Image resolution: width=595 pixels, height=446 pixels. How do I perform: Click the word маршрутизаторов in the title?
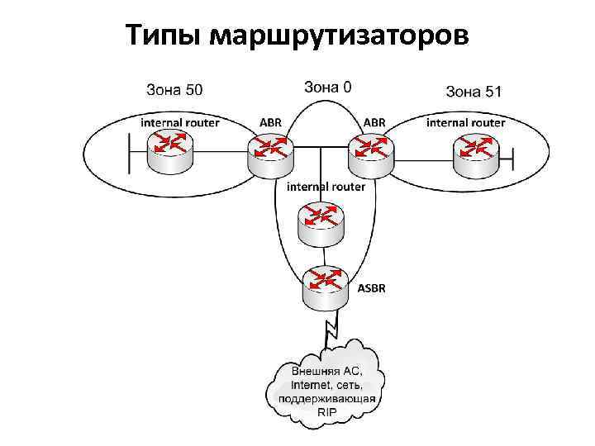(340, 36)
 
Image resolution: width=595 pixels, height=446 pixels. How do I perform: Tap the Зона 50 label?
(174, 88)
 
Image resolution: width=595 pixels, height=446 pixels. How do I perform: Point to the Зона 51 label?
(474, 91)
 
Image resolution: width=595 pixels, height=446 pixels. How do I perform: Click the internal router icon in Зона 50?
(170, 149)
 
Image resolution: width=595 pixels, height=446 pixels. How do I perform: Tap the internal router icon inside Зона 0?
(319, 222)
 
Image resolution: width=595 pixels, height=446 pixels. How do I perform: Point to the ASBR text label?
(371, 288)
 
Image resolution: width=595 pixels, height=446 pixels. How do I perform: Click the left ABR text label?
(270, 122)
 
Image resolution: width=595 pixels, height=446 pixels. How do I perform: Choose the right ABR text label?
(374, 122)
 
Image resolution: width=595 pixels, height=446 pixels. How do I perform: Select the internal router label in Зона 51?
(465, 122)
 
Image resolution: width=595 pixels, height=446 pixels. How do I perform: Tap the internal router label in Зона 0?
(326, 187)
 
